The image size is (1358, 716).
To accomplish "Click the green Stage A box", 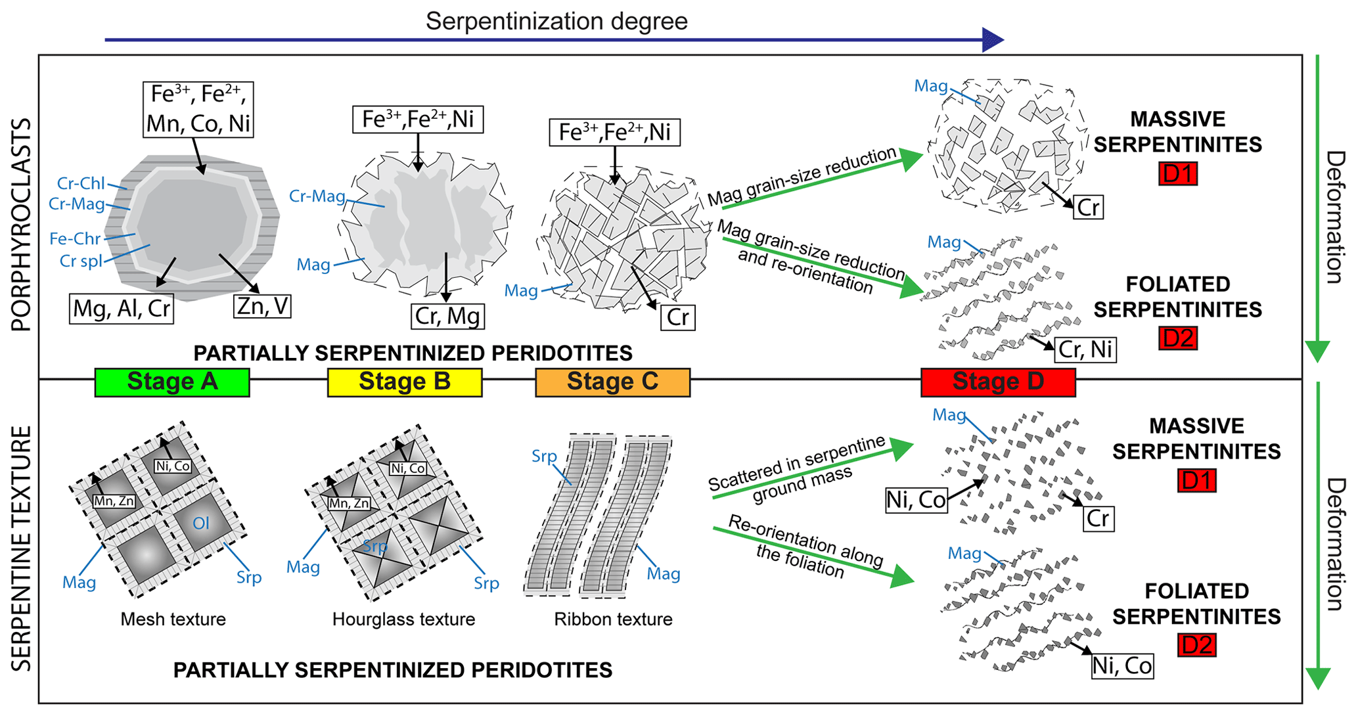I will pyautogui.click(x=172, y=382).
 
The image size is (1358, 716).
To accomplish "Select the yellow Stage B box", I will pyautogui.click(x=405, y=382).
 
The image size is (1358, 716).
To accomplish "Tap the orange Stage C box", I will pyautogui.click(x=612, y=382).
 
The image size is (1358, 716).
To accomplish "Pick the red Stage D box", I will pyautogui.click(x=998, y=382).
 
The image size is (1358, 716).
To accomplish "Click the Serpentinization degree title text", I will pyautogui.click(x=556, y=21).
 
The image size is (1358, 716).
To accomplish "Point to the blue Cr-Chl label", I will pyautogui.click(x=81, y=183).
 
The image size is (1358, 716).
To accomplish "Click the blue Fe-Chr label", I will pyautogui.click(x=75, y=238).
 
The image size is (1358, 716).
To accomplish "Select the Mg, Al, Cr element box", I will pyautogui.click(x=122, y=309).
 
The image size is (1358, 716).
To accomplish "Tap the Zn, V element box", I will pyautogui.click(x=262, y=306).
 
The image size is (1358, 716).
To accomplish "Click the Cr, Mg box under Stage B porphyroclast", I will pyautogui.click(x=448, y=316).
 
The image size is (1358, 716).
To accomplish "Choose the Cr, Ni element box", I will pyautogui.click(x=1085, y=349).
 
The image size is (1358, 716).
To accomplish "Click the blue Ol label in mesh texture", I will pyautogui.click(x=200, y=523).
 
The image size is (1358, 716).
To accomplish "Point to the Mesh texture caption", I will pyautogui.click(x=173, y=619).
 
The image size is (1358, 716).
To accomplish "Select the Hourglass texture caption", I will pyautogui.click(x=403, y=619).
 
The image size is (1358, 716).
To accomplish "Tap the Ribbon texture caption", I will pyautogui.click(x=613, y=619).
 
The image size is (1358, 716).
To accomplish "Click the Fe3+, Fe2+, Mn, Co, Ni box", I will pyautogui.click(x=198, y=109).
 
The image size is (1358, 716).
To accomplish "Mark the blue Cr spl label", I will pyautogui.click(x=81, y=261).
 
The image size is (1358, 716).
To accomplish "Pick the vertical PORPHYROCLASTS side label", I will pyautogui.click(x=22, y=225).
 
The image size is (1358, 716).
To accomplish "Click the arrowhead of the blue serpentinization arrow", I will pyautogui.click(x=993, y=40).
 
